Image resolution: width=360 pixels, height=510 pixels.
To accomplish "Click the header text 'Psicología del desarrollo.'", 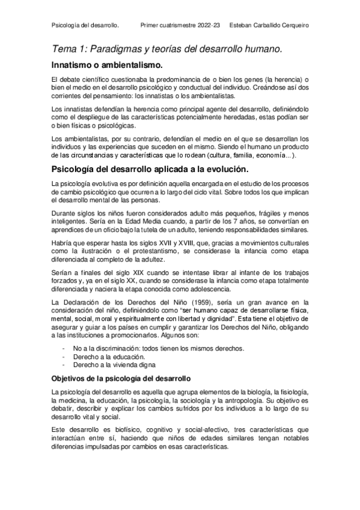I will pyautogui.click(x=86, y=25).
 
